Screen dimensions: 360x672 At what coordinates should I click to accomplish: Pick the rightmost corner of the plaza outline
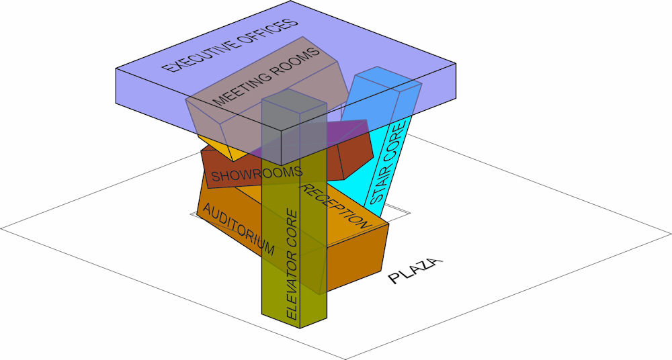click(671, 234)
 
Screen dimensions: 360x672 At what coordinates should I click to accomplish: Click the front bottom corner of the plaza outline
click(345, 359)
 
